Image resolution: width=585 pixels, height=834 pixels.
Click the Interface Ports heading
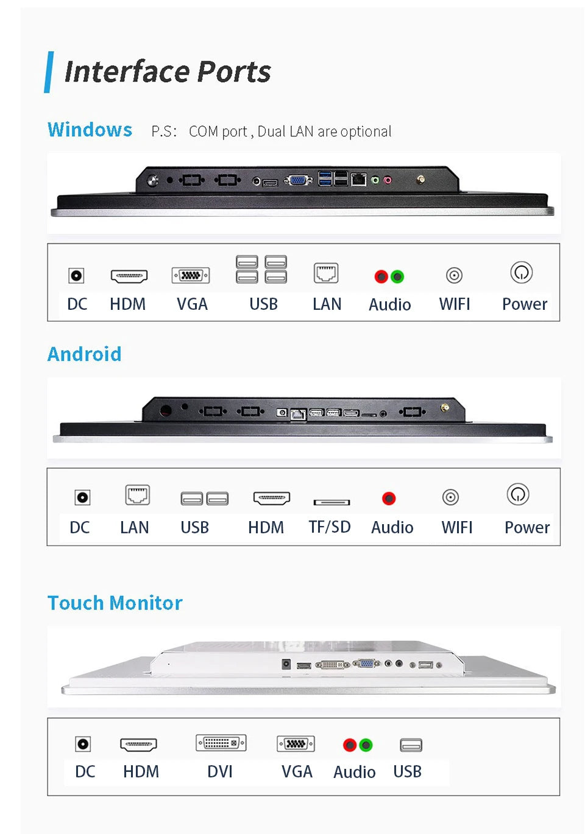167,72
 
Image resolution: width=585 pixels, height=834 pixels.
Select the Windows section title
90,130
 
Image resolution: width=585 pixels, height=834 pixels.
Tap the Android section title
84,354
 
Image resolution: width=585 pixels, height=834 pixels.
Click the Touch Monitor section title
115,603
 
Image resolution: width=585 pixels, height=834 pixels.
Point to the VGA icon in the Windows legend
191,275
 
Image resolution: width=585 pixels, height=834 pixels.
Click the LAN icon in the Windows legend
326,273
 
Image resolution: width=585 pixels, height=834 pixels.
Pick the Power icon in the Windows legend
522,273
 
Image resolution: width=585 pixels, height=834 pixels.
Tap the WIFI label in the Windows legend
455,304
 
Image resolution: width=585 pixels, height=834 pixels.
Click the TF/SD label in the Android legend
330,527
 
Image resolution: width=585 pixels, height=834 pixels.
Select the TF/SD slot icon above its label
331,502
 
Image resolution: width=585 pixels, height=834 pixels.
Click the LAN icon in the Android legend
137,495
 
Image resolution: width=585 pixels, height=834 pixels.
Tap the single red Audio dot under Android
389,499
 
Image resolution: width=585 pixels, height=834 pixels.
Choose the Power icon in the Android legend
518,494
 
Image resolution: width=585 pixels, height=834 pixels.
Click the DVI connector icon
221,743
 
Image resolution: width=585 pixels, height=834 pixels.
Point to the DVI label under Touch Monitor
220,771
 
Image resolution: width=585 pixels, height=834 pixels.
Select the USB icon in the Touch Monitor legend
411,745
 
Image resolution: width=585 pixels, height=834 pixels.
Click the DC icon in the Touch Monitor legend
83,744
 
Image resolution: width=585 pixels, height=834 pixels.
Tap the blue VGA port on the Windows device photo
298,180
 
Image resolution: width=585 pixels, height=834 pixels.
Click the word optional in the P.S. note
366,131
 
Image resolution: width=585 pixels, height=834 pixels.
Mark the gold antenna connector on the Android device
445,407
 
